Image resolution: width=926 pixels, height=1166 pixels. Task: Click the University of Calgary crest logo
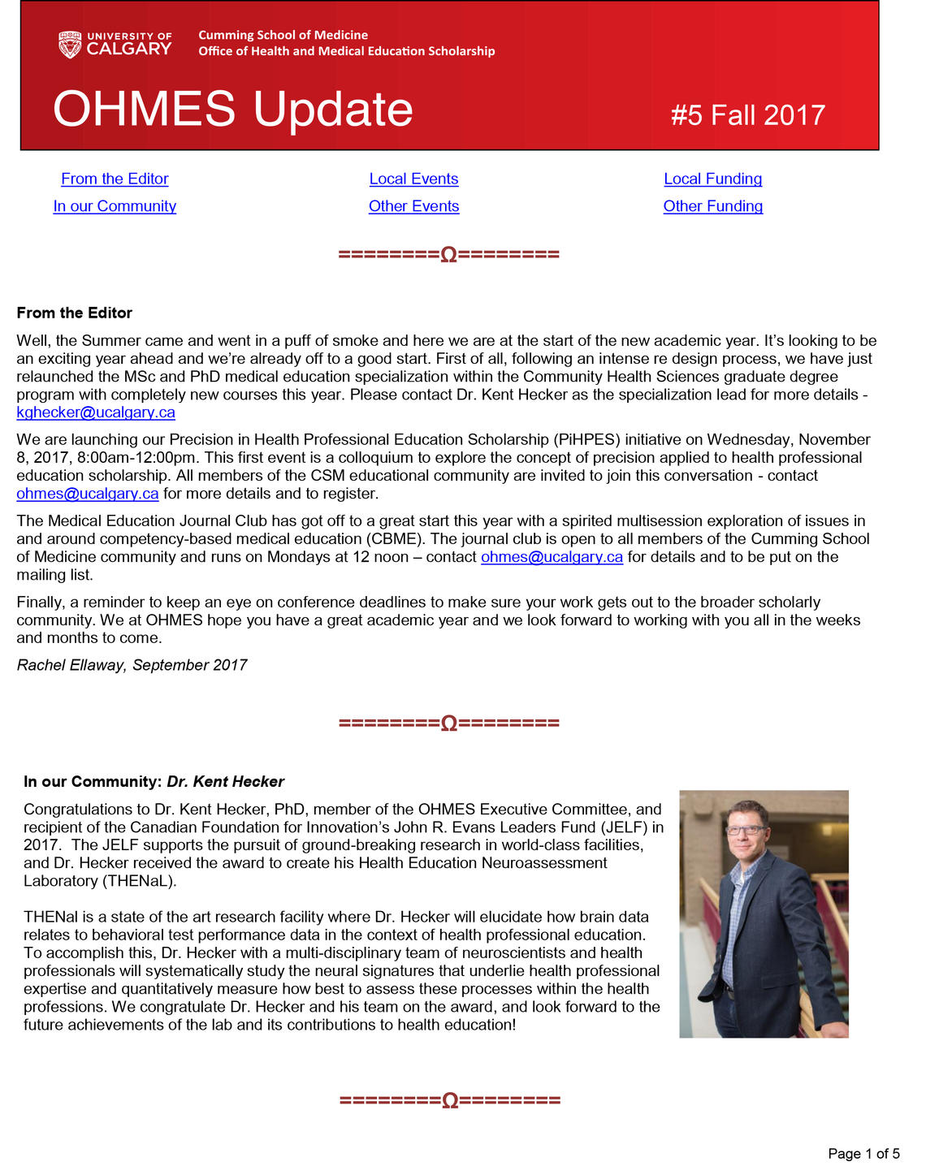click(70, 44)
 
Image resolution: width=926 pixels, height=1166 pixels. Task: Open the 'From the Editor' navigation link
click(115, 179)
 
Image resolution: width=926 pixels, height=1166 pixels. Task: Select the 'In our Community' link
click(115, 206)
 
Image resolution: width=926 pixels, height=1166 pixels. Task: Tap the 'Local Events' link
click(413, 179)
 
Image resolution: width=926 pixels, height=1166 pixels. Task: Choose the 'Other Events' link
click(413, 206)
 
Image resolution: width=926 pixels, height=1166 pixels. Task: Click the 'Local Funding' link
click(712, 179)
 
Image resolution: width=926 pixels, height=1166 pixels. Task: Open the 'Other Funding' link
click(712, 206)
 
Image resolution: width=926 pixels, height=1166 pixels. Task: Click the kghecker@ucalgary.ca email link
click(96, 412)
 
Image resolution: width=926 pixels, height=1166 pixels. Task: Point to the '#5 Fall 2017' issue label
click(747, 115)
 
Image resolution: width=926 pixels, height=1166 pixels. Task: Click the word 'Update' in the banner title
click(332, 109)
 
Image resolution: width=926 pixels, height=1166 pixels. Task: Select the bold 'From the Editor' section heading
click(74, 313)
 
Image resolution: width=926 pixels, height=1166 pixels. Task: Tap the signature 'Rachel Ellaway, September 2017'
click(132, 665)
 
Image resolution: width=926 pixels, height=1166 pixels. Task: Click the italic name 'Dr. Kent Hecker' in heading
click(225, 782)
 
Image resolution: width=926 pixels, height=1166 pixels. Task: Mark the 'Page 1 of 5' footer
click(863, 1153)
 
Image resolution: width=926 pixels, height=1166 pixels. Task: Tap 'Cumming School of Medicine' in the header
click(283, 35)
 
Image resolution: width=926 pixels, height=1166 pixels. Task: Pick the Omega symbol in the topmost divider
click(448, 255)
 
